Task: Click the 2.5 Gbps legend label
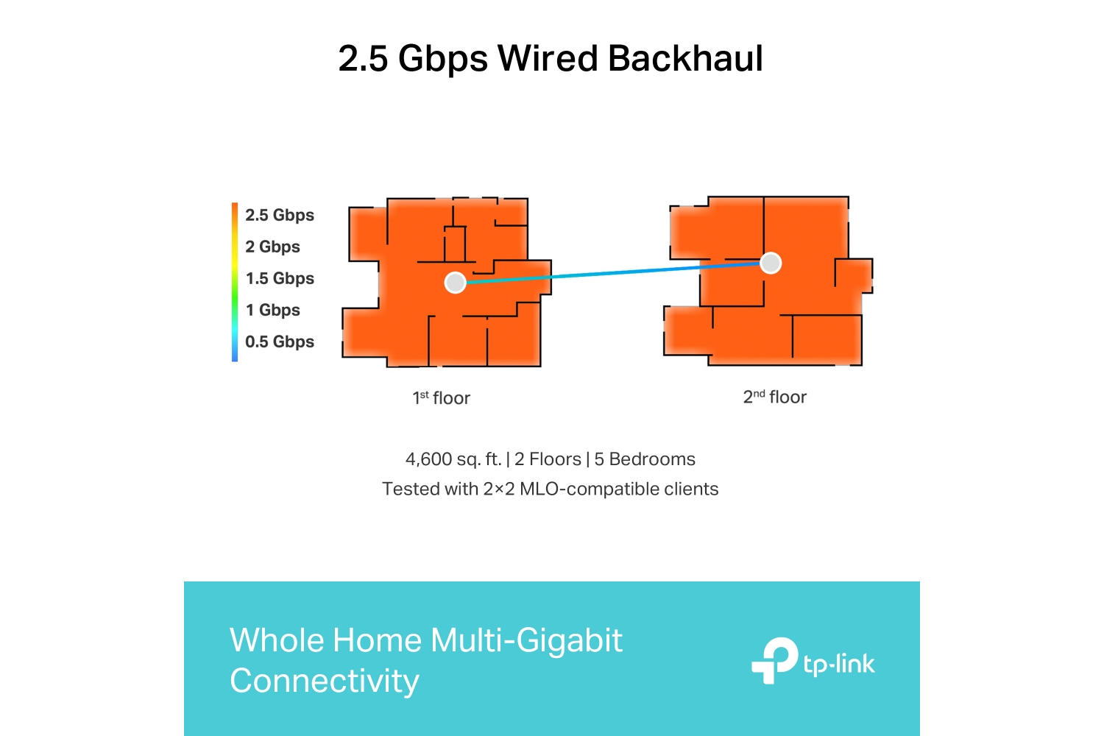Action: pyautogui.click(x=280, y=215)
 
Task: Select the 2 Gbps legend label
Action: pyautogui.click(x=272, y=247)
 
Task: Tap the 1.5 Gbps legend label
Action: pyautogui.click(x=280, y=278)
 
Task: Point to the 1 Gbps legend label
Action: pyautogui.click(x=272, y=310)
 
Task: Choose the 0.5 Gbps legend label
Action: pyautogui.click(x=280, y=341)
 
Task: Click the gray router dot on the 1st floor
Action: pyautogui.click(x=455, y=283)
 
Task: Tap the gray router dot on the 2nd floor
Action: pyautogui.click(x=771, y=263)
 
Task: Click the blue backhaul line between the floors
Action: pyautogui.click(x=612, y=272)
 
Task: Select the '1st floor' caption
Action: pyautogui.click(x=441, y=398)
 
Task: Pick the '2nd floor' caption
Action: pyautogui.click(x=774, y=397)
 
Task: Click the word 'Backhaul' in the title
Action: pyautogui.click(x=685, y=58)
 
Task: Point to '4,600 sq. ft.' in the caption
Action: pyautogui.click(x=453, y=459)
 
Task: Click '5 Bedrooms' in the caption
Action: pyautogui.click(x=645, y=459)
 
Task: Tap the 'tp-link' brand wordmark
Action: pyautogui.click(x=839, y=665)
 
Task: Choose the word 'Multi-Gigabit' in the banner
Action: pyautogui.click(x=526, y=640)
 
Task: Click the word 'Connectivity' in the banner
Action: pyautogui.click(x=325, y=680)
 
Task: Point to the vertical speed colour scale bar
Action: pyautogui.click(x=235, y=282)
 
